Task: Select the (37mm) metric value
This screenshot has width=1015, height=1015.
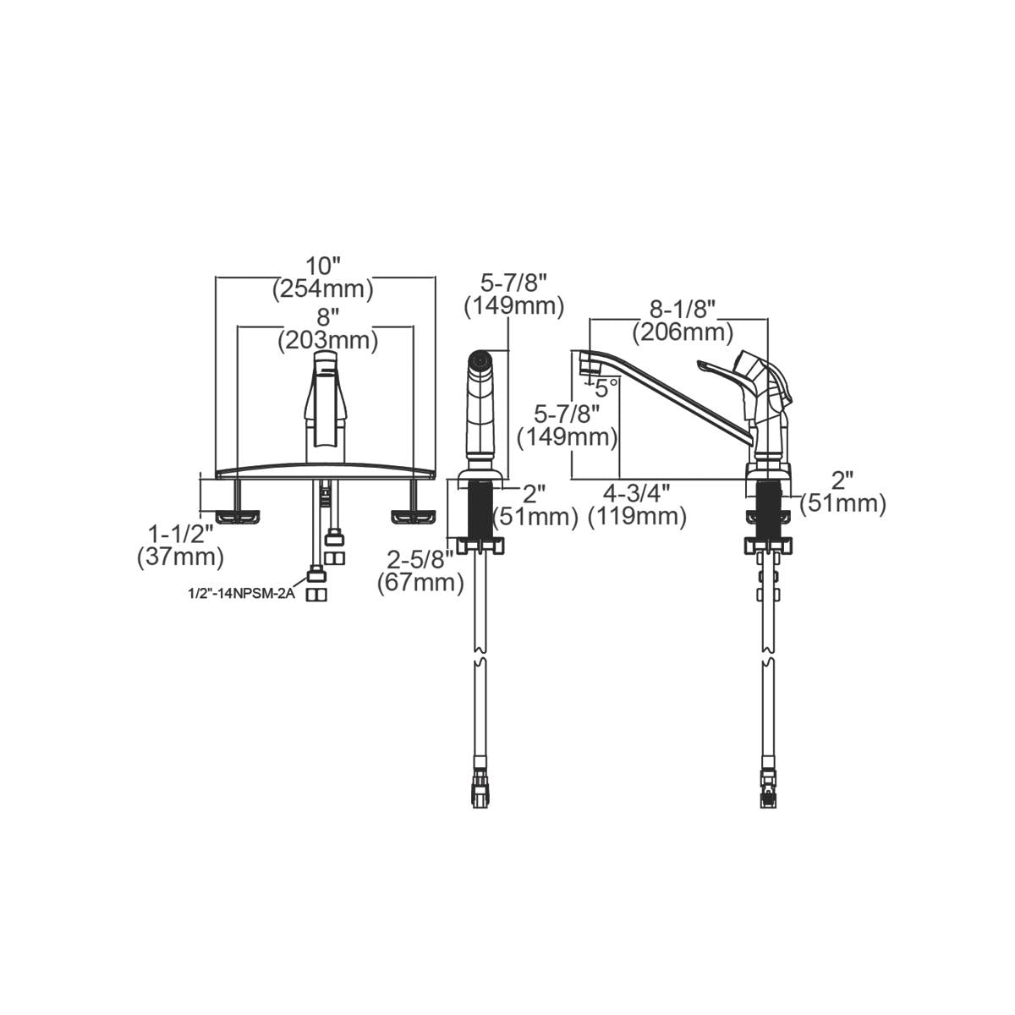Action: coord(180,557)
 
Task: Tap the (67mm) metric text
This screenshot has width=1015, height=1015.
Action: coord(420,582)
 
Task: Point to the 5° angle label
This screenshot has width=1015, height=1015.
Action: coord(606,388)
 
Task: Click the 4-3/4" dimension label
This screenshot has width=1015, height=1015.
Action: coord(637,491)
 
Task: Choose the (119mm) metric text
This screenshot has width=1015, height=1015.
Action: coord(637,515)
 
